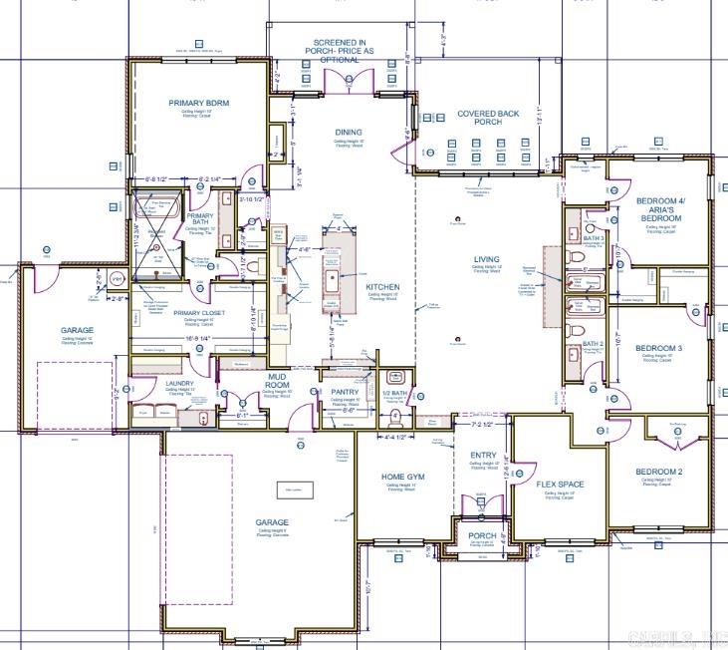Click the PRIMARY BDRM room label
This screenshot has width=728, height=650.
pyautogui.click(x=200, y=103)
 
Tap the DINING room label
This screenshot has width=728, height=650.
pyautogui.click(x=349, y=133)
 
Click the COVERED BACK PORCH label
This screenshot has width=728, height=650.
pyautogui.click(x=488, y=118)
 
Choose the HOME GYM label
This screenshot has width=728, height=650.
pyautogui.click(x=403, y=477)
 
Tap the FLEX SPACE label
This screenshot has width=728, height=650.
pyautogui.click(x=560, y=485)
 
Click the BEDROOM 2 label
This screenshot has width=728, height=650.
pyautogui.click(x=658, y=472)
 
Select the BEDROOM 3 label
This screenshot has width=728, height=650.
pyautogui.click(x=659, y=348)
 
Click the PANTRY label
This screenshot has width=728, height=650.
pyautogui.click(x=345, y=393)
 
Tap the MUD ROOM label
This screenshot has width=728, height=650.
pyautogui.click(x=277, y=380)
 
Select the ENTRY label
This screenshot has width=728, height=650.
pyautogui.click(x=483, y=456)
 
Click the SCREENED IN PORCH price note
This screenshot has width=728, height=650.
pyautogui.click(x=339, y=51)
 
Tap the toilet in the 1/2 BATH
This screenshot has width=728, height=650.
pyautogui.click(x=395, y=389)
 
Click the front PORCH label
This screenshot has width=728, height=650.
pyautogui.click(x=483, y=535)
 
